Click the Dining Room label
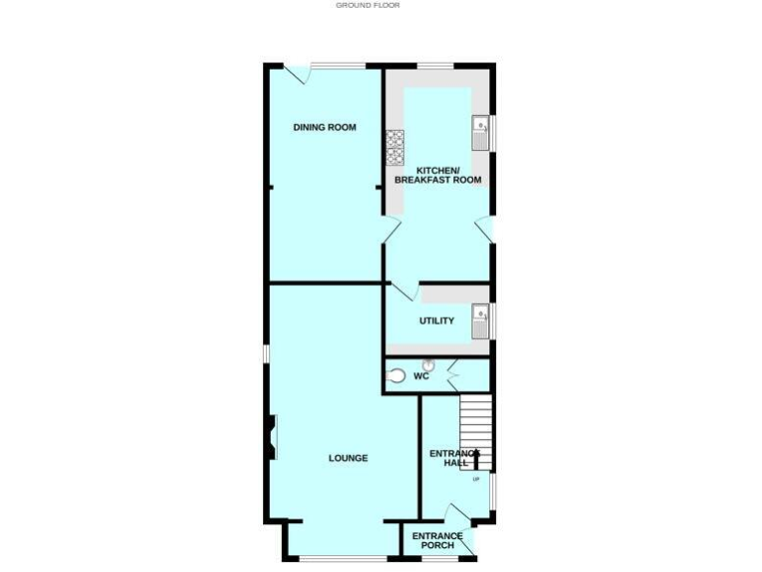point(323,127)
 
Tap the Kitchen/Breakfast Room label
point(438,174)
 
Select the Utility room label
point(437,321)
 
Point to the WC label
point(421,377)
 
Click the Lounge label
point(348,458)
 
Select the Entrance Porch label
point(438,541)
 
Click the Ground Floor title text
point(368,5)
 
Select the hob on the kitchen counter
point(394,148)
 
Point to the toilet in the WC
point(396,376)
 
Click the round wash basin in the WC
point(429,363)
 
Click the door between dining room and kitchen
point(392,230)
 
